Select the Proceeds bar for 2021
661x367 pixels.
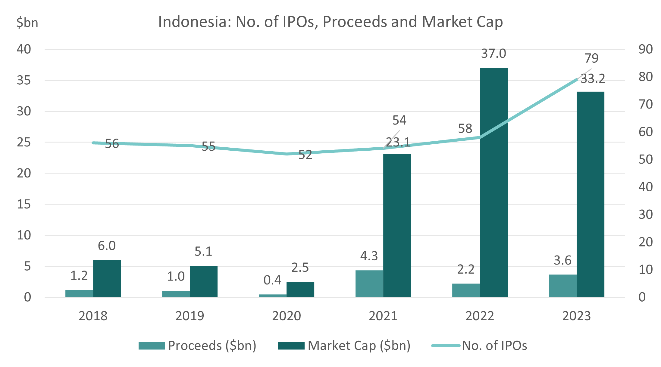(x=369, y=284)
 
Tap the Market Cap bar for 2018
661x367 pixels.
(x=107, y=278)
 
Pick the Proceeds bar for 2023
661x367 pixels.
(x=562, y=286)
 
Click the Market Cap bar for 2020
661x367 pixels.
(x=300, y=289)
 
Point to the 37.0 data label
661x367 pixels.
(x=493, y=54)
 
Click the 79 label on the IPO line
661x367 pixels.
(x=591, y=58)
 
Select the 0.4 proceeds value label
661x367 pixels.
(x=272, y=280)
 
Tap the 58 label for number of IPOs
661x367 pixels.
(x=465, y=129)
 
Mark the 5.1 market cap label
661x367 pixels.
(x=203, y=251)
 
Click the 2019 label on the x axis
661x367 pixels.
(x=190, y=316)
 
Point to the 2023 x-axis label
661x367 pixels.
(x=576, y=316)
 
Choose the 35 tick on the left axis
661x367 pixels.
(x=24, y=80)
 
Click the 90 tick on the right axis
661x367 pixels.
(x=646, y=49)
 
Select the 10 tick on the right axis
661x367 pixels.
(x=646, y=270)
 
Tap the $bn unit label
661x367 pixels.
(x=27, y=23)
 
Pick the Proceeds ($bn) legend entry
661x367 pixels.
(x=197, y=346)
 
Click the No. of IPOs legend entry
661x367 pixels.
(x=479, y=346)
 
